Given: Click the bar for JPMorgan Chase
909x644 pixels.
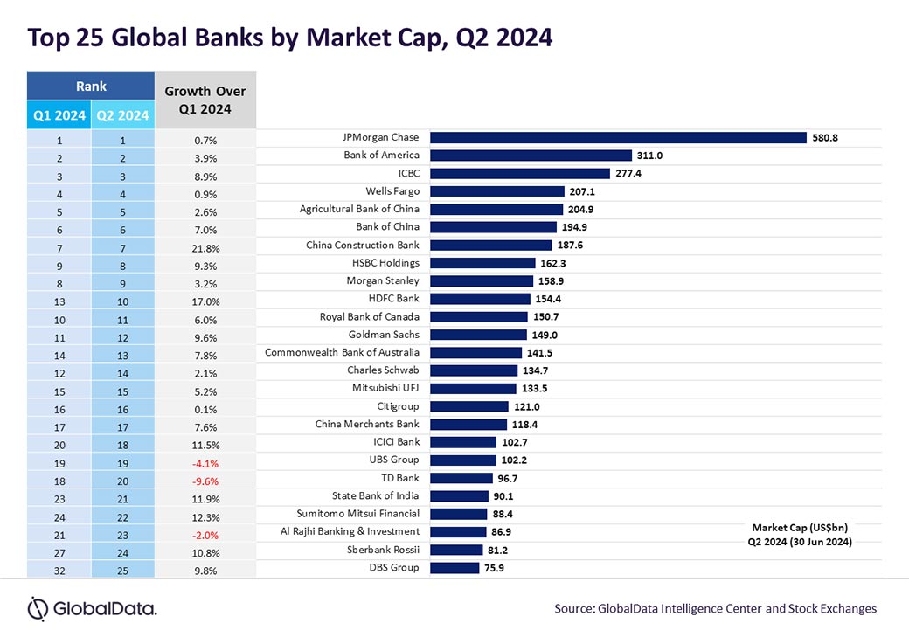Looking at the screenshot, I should coord(617,137).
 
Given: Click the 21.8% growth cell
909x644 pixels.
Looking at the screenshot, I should coord(205,248).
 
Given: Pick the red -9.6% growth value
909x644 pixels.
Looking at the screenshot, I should coord(205,481).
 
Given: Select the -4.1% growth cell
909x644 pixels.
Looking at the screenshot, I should coord(205,463).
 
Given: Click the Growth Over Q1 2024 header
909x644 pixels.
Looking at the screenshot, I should coord(205,100).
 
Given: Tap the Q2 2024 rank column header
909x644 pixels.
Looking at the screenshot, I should coord(122,115).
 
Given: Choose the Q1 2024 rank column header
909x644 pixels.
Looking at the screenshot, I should coord(59,115).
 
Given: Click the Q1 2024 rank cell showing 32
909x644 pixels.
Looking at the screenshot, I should coord(59,571).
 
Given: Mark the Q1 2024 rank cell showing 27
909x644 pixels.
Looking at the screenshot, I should coord(59,552).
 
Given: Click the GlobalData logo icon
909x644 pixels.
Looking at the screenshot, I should coord(38,608).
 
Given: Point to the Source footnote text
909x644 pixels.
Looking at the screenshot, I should coord(715,608).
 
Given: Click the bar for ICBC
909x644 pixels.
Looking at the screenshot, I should coord(519,173).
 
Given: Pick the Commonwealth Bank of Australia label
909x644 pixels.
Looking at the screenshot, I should coord(342,352).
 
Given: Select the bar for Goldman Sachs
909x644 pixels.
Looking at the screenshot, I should coord(478,335).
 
